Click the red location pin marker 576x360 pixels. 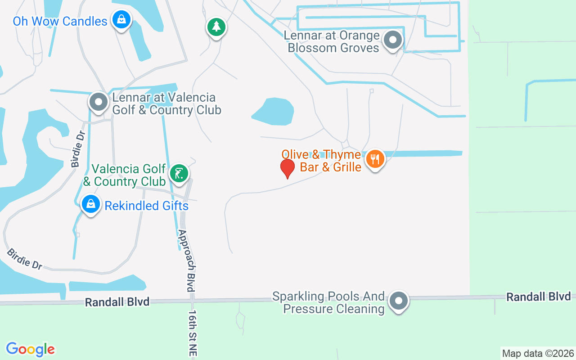pos(287,168)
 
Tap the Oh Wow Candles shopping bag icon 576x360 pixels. pos(121,19)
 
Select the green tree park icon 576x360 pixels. pos(216,27)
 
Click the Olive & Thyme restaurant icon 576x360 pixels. pos(375,159)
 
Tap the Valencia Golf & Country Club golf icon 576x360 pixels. pos(179,173)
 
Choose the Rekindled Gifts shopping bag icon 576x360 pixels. pos(91,204)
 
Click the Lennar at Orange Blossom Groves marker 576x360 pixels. pos(393,40)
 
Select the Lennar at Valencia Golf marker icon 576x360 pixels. pos(99,102)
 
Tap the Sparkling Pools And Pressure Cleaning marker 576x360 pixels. pos(398,301)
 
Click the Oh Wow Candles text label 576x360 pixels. pos(60,21)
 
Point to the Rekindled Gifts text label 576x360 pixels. pos(146,206)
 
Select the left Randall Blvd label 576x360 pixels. pos(117,302)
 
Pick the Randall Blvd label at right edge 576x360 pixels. pos(538,297)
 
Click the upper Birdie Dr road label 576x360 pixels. pos(78,149)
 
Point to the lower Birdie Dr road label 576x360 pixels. pos(25,259)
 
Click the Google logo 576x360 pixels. pos(30,349)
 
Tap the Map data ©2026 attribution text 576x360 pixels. pos(538,353)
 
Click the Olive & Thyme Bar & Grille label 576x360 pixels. pos(321,161)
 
